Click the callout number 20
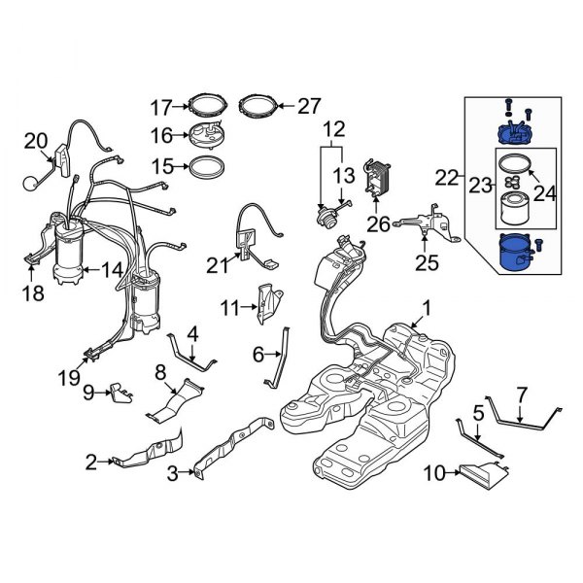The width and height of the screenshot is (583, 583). (x=34, y=142)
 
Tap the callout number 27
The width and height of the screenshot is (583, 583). (x=307, y=105)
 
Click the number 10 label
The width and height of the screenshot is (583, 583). (x=435, y=473)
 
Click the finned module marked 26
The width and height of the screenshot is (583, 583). (x=374, y=179)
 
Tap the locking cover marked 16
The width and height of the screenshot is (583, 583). (x=205, y=136)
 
